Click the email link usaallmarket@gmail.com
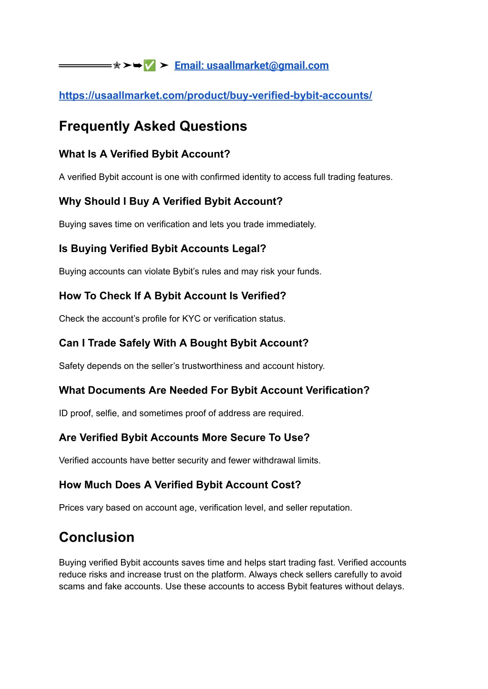coord(252,66)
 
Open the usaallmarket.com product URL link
coord(215,95)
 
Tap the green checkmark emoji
coord(150,66)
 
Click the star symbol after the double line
coord(117,66)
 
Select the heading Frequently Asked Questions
coord(153,126)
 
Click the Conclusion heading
coord(97,537)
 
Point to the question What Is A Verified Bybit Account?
coord(144,154)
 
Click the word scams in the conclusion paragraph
coord(71,587)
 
